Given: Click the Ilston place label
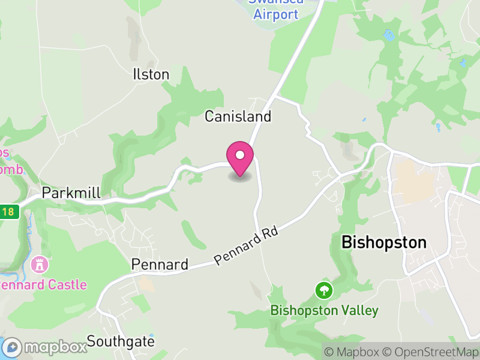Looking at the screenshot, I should click(151, 74).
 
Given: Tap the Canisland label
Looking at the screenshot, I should click(238, 116).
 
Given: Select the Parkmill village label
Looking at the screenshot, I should click(71, 193).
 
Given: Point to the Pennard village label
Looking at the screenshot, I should click(160, 264).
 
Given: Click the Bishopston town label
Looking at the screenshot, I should click(383, 242).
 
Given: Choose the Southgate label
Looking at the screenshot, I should click(121, 341).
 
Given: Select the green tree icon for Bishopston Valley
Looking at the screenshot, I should click(324, 291).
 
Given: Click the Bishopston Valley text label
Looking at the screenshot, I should click(324, 310).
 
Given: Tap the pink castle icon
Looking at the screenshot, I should click(40, 264).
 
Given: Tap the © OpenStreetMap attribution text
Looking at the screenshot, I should click(430, 352).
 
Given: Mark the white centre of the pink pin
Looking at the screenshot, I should click(240, 155).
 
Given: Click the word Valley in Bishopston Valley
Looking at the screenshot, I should click(359, 310).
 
